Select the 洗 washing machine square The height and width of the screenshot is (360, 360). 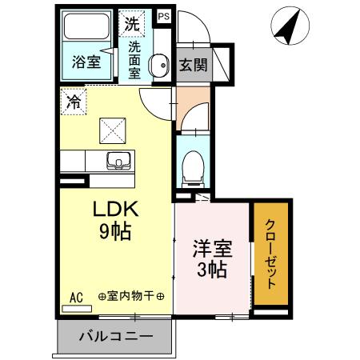(131, 23)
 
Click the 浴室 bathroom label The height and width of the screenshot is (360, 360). (85, 62)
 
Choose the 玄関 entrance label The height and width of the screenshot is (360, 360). (193, 64)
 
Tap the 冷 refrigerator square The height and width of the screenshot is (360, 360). (74, 102)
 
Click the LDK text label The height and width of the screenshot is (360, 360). (118, 210)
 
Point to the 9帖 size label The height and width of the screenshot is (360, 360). (117, 233)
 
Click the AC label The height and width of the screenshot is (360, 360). (77, 297)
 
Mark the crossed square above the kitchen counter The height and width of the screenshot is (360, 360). (110, 128)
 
